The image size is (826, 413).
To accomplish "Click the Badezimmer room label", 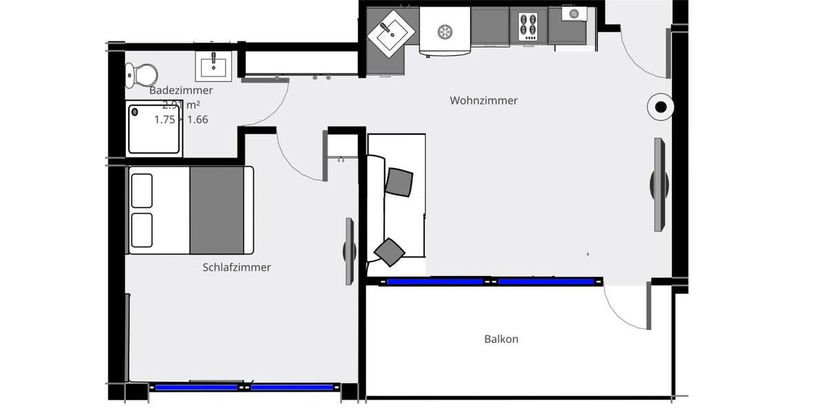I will tap(181, 90).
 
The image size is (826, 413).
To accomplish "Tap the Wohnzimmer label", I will tap(483, 100).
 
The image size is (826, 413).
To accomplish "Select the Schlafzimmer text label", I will tap(237, 267).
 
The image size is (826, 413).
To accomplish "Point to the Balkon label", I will tap(501, 339).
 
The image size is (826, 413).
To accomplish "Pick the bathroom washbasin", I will tap(213, 66).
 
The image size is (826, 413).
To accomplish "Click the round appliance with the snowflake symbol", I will tap(445, 31).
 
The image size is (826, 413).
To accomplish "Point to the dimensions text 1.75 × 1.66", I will tap(181, 119).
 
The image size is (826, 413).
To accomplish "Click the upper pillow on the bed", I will tap(142, 191).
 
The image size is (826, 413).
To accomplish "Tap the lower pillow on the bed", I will tap(142, 230).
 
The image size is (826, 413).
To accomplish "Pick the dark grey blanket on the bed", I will tap(217, 210).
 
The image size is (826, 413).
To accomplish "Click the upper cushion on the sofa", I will tap(399, 182).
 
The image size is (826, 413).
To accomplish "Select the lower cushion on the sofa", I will tap(390, 251).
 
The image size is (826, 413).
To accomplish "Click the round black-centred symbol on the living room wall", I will tap(660, 107).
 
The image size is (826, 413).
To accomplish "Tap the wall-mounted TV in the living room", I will tap(659, 184).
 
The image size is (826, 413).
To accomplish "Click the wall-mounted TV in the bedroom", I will tap(350, 251).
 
